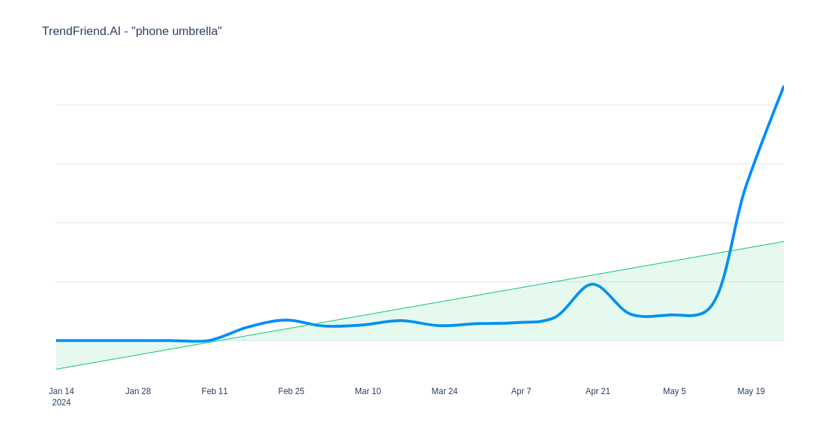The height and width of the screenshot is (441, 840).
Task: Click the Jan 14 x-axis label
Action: point(62,391)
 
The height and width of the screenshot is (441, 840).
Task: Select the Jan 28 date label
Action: point(138,391)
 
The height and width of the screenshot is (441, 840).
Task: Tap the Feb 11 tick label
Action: point(214,391)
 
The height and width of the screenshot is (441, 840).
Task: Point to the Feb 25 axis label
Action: point(291,391)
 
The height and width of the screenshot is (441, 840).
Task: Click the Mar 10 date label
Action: point(368,391)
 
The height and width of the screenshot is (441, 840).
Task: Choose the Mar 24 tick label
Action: point(444,391)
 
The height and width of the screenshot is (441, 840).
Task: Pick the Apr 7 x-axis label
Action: point(521,391)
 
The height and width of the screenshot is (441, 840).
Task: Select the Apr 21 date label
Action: point(598,391)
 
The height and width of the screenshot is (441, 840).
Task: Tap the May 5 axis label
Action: point(674,391)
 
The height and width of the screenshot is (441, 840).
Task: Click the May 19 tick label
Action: point(750,391)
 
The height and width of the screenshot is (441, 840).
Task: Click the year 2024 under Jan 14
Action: point(62,402)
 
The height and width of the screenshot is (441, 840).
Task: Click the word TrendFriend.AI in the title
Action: point(81,31)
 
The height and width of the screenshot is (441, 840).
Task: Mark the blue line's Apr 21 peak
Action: point(592,284)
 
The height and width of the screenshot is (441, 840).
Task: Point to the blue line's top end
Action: point(783,87)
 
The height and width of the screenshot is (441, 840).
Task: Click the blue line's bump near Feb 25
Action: point(286,320)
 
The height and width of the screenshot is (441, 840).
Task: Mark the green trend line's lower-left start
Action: point(56,370)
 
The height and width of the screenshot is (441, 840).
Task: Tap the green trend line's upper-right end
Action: point(784,241)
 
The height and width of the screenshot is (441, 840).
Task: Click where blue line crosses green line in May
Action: point(729,251)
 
